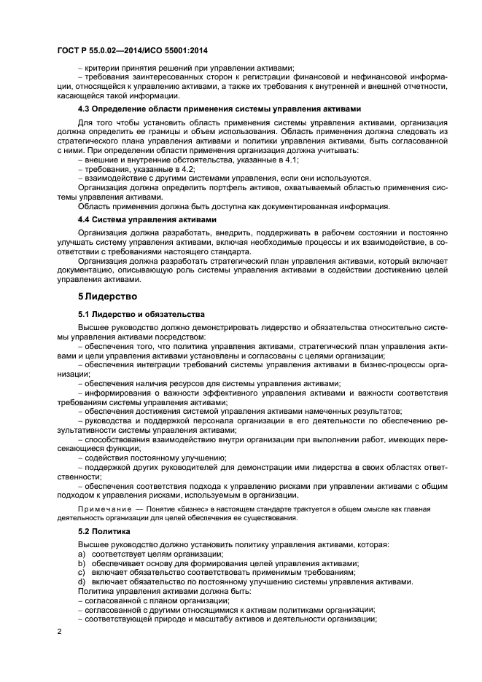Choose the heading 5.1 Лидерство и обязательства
136,314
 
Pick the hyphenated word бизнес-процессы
393,364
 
